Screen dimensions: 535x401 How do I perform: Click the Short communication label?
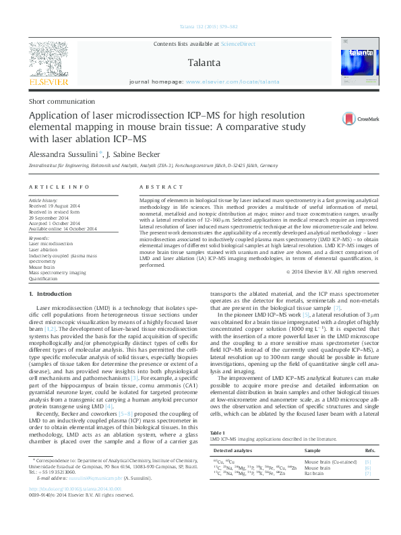click(x=57, y=101)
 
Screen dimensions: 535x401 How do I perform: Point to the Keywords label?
click(x=40, y=238)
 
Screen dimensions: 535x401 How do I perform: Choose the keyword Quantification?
click(x=43, y=278)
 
